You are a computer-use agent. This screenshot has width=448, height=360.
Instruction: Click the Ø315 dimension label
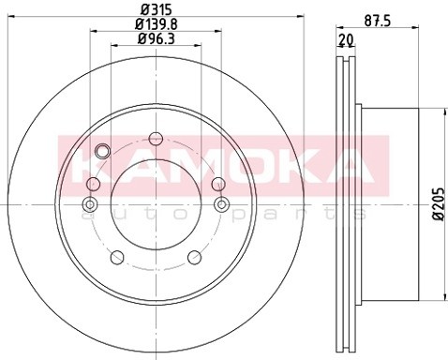(157, 9)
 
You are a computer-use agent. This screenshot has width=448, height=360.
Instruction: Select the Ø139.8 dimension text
(157, 24)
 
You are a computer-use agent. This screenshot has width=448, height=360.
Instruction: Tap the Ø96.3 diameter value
(157, 39)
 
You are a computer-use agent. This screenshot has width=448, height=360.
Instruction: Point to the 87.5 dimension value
(378, 22)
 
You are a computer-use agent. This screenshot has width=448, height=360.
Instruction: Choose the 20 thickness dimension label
(346, 39)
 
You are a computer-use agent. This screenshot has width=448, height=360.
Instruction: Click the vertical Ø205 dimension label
(440, 204)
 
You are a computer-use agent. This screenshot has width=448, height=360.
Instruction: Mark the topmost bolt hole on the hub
(156, 139)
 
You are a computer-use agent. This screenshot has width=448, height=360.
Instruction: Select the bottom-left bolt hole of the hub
(117, 257)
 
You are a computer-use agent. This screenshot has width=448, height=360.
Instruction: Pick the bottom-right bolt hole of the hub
(195, 257)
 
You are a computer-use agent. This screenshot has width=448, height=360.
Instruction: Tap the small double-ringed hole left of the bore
(90, 204)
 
